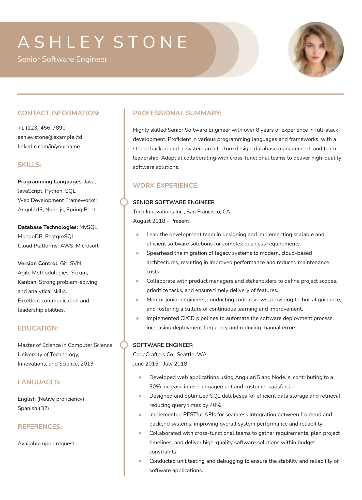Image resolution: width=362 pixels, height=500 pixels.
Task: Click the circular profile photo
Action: pos(316,50)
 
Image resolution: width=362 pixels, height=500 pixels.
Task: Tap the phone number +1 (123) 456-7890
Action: pos(42,128)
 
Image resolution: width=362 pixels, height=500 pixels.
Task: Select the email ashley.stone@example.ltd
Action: pos(50,137)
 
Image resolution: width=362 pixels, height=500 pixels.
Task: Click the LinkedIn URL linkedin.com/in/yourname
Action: pos(49,146)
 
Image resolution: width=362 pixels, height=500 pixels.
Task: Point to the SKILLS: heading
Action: pos(29,165)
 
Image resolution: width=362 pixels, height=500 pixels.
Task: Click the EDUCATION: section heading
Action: pos(38,328)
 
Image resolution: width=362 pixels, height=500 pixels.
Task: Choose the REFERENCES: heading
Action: pos(40,427)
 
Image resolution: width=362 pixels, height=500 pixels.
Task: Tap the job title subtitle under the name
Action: pos(62,59)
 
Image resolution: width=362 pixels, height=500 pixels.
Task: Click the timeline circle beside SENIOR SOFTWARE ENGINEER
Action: pos(124,202)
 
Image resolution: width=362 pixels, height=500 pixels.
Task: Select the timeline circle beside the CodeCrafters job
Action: pos(124,345)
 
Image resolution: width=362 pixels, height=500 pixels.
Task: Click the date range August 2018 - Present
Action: pos(161,221)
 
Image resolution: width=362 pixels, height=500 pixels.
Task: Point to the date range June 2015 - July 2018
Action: pos(160,364)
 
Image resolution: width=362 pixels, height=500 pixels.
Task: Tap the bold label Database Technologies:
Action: pos(48,227)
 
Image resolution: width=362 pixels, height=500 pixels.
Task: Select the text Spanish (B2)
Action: pos(33,408)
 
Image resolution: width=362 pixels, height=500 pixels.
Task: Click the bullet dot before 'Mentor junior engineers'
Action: pos(137,300)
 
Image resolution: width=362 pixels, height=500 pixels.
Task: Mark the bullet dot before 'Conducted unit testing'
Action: pos(140,461)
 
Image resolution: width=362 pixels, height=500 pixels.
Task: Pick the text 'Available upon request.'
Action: pos(47,443)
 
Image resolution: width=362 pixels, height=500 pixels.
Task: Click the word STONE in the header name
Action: pos(150,42)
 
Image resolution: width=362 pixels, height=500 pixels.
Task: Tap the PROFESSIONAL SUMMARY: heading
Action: pos(177,113)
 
